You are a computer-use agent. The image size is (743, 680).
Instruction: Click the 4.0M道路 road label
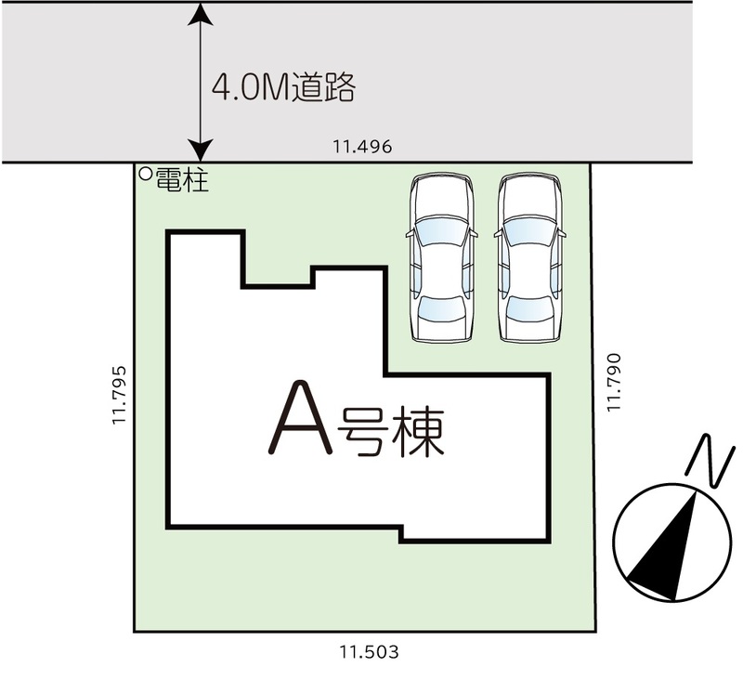pos(283,87)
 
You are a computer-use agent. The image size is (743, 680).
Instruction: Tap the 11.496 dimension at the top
pos(362,147)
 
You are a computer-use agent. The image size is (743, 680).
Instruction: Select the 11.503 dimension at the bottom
pos(369,652)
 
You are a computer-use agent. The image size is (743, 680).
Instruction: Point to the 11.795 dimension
pos(120,395)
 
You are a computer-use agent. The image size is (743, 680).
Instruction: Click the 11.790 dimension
pos(614,383)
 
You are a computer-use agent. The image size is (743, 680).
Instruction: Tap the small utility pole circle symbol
pos(146,174)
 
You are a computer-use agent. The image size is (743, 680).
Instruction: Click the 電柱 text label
pos(182,180)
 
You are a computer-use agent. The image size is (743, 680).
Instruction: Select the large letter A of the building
pos(300,418)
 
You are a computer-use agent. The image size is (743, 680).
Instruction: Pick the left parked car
pos(442,257)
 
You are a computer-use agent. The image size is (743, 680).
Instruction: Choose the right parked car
pos(529,257)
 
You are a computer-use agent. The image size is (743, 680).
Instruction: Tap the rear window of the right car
pos(529,308)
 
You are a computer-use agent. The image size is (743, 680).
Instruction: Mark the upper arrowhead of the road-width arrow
pos(201,13)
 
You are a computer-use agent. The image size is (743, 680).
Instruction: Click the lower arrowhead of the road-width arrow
pos(201,150)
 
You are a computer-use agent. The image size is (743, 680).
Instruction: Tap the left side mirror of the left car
pos(410,233)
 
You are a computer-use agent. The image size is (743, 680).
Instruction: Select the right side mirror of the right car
pos(563,233)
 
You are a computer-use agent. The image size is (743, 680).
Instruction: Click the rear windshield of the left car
pos(441,308)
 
